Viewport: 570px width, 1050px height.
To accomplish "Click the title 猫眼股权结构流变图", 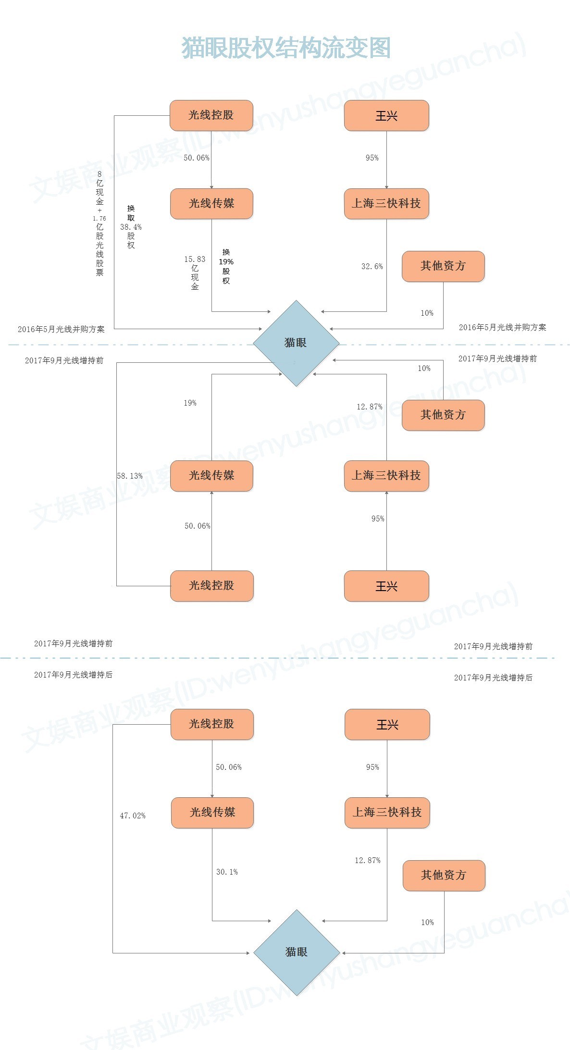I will click(286, 48).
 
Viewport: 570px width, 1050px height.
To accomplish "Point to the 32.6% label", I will click(372, 266).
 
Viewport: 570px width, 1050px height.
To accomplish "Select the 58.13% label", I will click(130, 476).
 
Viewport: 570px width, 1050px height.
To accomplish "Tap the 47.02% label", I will click(133, 815).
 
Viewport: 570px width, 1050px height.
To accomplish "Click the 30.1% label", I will click(227, 872).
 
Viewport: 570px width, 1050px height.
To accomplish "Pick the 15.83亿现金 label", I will click(195, 272).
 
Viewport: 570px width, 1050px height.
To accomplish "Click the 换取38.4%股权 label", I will click(131, 227).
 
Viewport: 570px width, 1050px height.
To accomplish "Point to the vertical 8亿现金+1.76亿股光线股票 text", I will click(99, 223).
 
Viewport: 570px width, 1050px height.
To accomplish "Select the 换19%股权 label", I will click(226, 266).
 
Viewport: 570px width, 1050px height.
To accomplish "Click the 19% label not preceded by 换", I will click(190, 403).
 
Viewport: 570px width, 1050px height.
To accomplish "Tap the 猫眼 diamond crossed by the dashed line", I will click(296, 343).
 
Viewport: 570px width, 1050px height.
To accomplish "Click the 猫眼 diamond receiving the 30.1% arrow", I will click(297, 952).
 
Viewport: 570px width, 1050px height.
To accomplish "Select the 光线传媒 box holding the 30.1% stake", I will click(212, 813).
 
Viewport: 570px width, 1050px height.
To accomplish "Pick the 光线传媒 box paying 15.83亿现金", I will click(211, 204).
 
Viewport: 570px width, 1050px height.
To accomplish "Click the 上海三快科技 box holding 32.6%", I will click(386, 204).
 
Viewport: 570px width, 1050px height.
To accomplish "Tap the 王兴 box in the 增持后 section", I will click(387, 725).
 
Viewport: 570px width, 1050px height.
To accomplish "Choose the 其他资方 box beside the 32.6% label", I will click(443, 266).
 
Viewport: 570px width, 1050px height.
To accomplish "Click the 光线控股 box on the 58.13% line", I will click(211, 586).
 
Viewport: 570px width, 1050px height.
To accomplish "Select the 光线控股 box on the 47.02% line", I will click(212, 724).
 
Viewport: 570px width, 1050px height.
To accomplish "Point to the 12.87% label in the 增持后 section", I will click(368, 860).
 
